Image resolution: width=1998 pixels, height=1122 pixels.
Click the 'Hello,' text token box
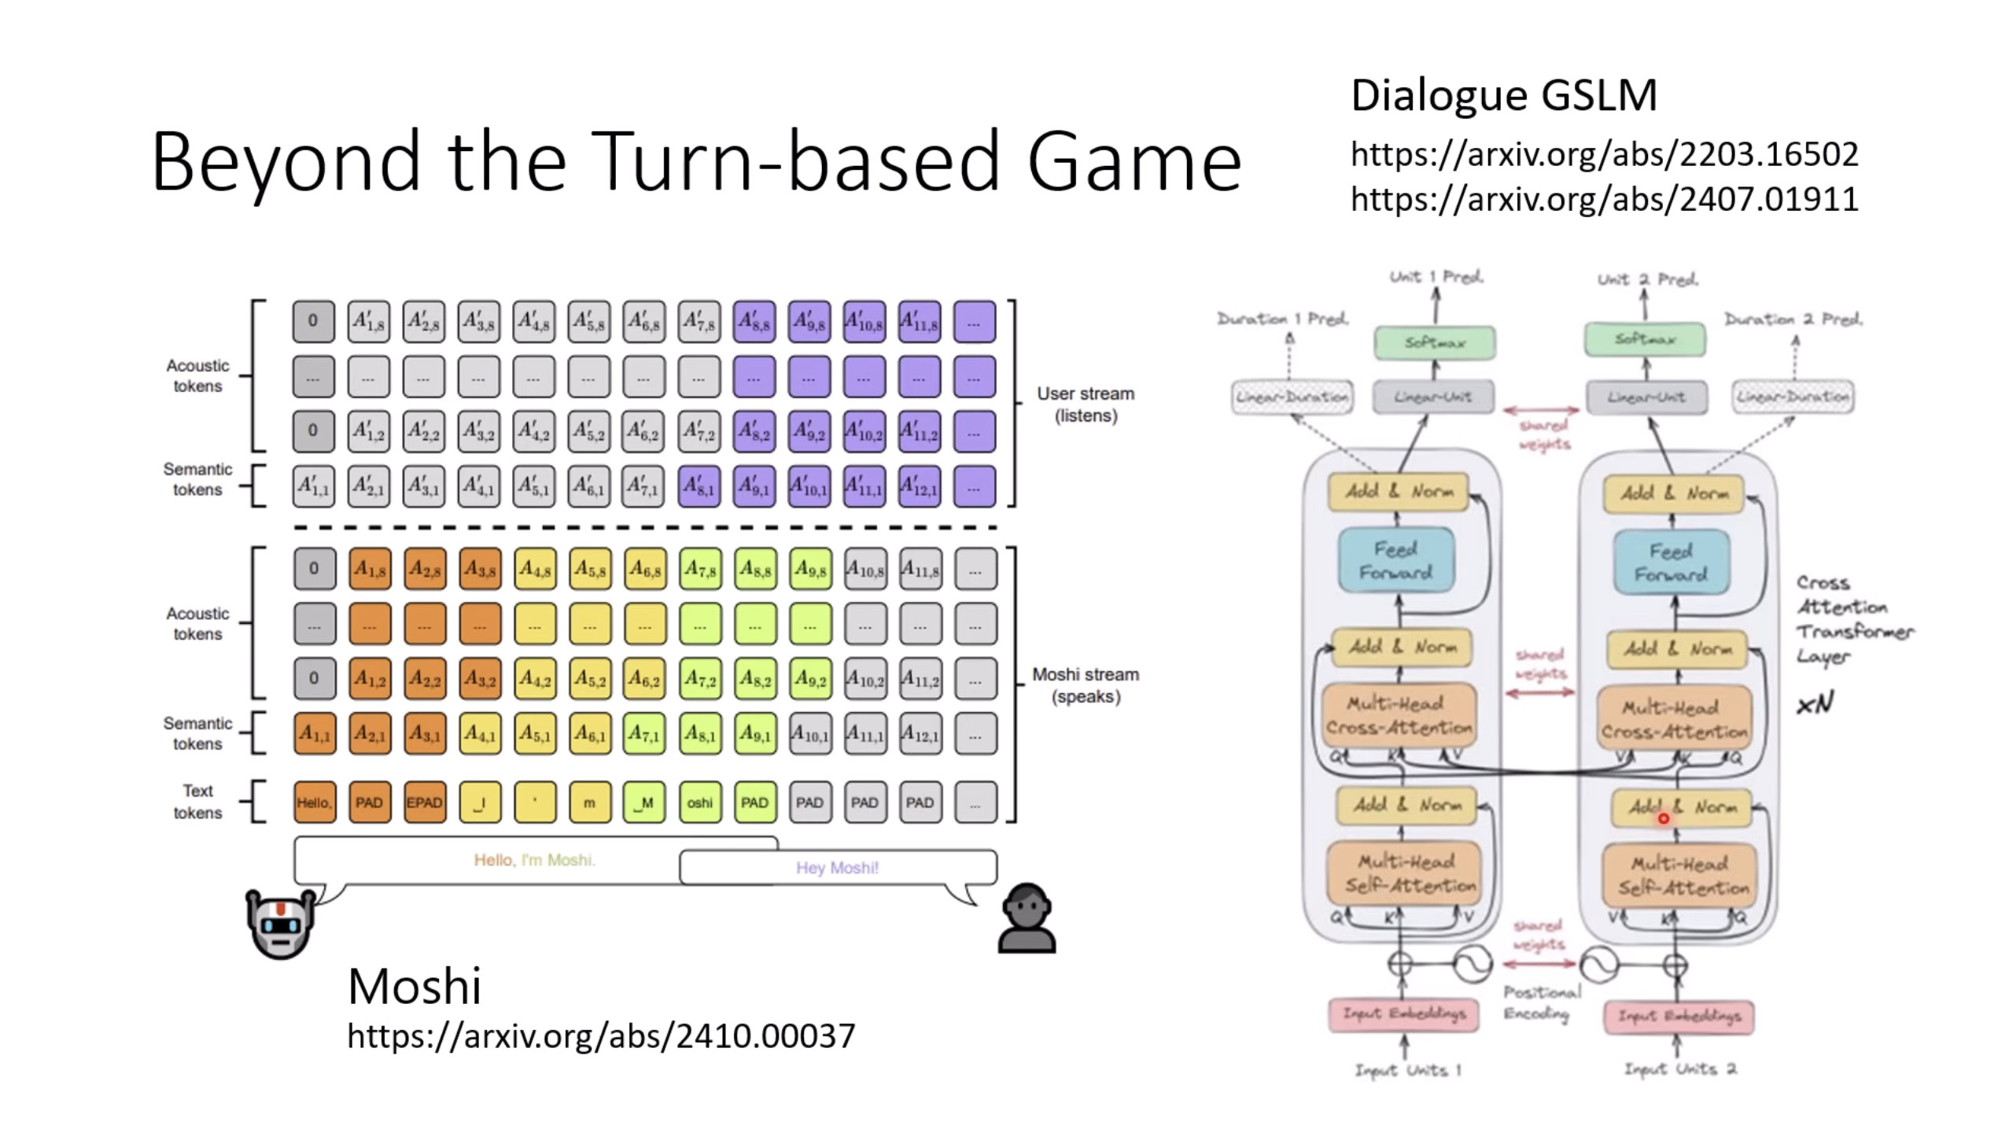[x=315, y=803]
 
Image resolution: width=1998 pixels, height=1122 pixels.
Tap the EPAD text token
[x=425, y=803]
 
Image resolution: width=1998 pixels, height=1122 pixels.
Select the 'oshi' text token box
[x=699, y=803]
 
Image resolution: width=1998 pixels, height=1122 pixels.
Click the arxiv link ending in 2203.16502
[x=1604, y=154]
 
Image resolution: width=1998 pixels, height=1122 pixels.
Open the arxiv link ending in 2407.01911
[x=1604, y=199]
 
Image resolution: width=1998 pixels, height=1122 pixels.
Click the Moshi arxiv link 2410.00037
[x=601, y=1035]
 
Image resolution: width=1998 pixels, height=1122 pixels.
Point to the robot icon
[x=281, y=922]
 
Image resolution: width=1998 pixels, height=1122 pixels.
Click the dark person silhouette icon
[x=1027, y=919]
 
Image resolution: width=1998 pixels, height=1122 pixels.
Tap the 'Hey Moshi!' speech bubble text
[x=837, y=868]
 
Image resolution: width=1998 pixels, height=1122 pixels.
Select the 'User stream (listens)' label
[x=1086, y=404]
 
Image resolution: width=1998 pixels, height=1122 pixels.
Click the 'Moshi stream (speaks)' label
[x=1086, y=685]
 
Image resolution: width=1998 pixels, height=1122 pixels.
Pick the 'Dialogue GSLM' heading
[x=1503, y=96]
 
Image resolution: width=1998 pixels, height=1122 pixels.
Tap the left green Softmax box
[x=1435, y=343]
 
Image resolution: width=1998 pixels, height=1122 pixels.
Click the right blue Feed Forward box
[x=1671, y=562]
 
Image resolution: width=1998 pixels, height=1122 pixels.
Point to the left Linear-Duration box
[x=1292, y=397]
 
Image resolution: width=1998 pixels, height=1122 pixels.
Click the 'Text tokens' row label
[x=197, y=802]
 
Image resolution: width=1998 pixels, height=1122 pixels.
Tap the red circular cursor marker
[x=1663, y=818]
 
